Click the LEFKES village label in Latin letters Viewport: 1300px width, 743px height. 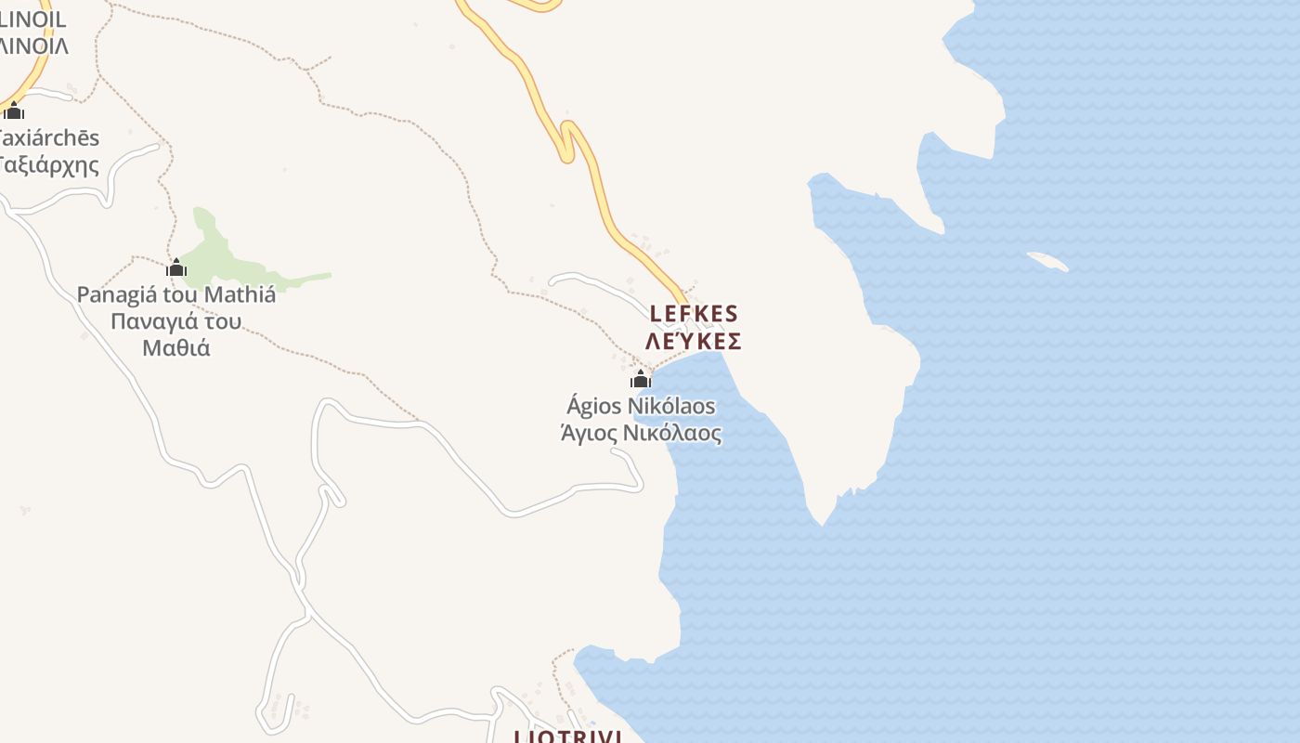click(694, 314)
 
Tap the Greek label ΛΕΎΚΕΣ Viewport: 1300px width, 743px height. click(694, 342)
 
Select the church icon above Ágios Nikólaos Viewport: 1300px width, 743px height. click(640, 379)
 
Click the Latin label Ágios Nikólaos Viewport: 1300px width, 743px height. click(641, 406)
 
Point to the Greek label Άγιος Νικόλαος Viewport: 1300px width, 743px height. click(641, 433)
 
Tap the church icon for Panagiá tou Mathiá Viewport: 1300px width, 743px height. click(176, 268)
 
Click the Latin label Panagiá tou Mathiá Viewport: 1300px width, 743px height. click(175, 295)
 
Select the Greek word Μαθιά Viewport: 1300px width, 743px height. click(176, 348)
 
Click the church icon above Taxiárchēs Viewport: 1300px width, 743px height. click(13, 111)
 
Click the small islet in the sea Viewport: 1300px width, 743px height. click(1047, 262)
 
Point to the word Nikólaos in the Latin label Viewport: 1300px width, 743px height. click(671, 406)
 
